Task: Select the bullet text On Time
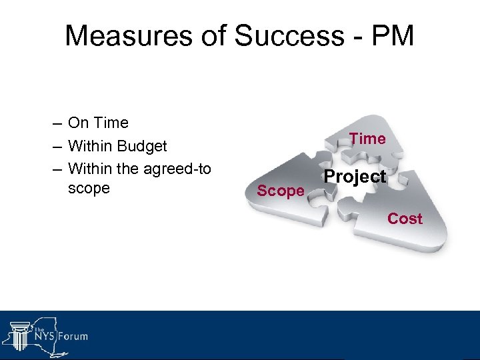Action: (98, 123)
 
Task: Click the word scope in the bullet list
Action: (89, 189)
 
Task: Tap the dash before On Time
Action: (56, 124)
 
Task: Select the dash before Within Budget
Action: (56, 147)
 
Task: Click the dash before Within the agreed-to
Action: (56, 169)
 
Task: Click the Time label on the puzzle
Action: (367, 139)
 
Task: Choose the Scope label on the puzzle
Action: (281, 191)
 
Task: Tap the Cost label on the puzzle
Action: (405, 219)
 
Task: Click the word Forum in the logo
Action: (71, 336)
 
